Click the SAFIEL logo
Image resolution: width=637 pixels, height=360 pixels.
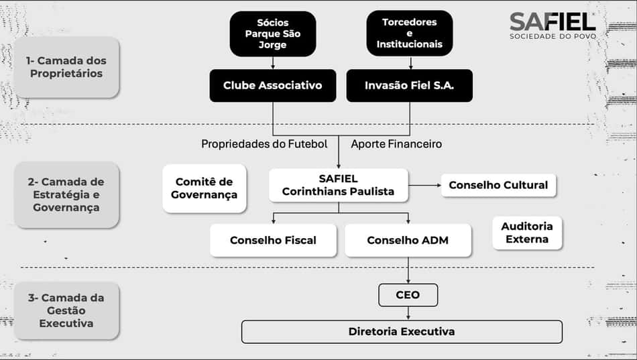coord(553,25)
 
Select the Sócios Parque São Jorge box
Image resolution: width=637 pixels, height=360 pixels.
coord(273,34)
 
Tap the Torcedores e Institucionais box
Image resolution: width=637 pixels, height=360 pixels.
coord(410,34)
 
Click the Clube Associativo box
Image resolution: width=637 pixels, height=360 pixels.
coord(273,85)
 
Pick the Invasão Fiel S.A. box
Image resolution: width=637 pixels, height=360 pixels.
coord(410,85)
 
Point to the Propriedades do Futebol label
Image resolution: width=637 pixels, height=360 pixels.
coord(264,144)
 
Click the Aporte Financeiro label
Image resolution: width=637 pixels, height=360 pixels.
coord(396,144)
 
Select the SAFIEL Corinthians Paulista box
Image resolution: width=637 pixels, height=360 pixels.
coord(339,185)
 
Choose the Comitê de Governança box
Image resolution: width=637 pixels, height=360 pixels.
coord(205,188)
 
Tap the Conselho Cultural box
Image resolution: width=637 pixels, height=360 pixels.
coord(498,185)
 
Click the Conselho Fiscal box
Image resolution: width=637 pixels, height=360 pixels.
coord(273,240)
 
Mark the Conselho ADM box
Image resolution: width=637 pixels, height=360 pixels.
coord(408,240)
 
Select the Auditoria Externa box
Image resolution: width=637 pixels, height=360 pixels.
coord(527,233)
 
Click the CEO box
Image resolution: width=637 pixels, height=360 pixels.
coord(408,295)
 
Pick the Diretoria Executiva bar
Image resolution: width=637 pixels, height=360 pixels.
coord(402,332)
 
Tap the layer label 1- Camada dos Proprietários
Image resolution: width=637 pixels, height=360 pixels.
coord(66,67)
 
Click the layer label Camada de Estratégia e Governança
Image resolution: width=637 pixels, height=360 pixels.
coord(66,194)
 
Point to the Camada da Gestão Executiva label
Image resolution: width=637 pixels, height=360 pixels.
coord(66,311)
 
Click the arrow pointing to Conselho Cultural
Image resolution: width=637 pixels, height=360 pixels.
coord(424,185)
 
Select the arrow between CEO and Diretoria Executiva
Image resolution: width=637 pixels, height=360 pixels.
coord(408,313)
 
